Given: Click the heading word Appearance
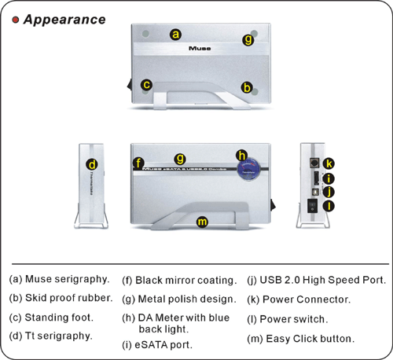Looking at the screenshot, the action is (64, 20).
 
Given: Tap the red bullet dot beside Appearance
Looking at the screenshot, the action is (16, 20).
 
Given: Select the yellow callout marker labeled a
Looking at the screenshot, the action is (175, 35).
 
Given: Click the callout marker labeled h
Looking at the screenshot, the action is (242, 156).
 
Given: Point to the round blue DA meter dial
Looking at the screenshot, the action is (248, 169).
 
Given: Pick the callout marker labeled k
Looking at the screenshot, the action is (329, 163).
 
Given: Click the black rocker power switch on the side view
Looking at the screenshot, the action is (312, 206).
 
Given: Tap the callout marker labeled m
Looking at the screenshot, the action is (202, 222).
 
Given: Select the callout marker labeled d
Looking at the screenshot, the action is (92, 164).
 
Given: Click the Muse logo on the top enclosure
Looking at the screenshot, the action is (200, 48).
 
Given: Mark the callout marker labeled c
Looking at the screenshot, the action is (146, 85).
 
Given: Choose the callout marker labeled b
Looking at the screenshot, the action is (247, 87).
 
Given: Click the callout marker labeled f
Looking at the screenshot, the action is (138, 163).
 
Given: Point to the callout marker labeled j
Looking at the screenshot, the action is (329, 192).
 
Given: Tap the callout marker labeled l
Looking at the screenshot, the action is (329, 206).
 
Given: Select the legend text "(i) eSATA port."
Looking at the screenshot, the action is (157, 345).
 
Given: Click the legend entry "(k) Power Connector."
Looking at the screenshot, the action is (299, 299).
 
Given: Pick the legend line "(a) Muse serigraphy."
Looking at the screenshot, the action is (59, 279).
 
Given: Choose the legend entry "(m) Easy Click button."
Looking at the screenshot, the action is (301, 339).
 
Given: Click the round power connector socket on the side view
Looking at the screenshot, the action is (314, 163).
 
